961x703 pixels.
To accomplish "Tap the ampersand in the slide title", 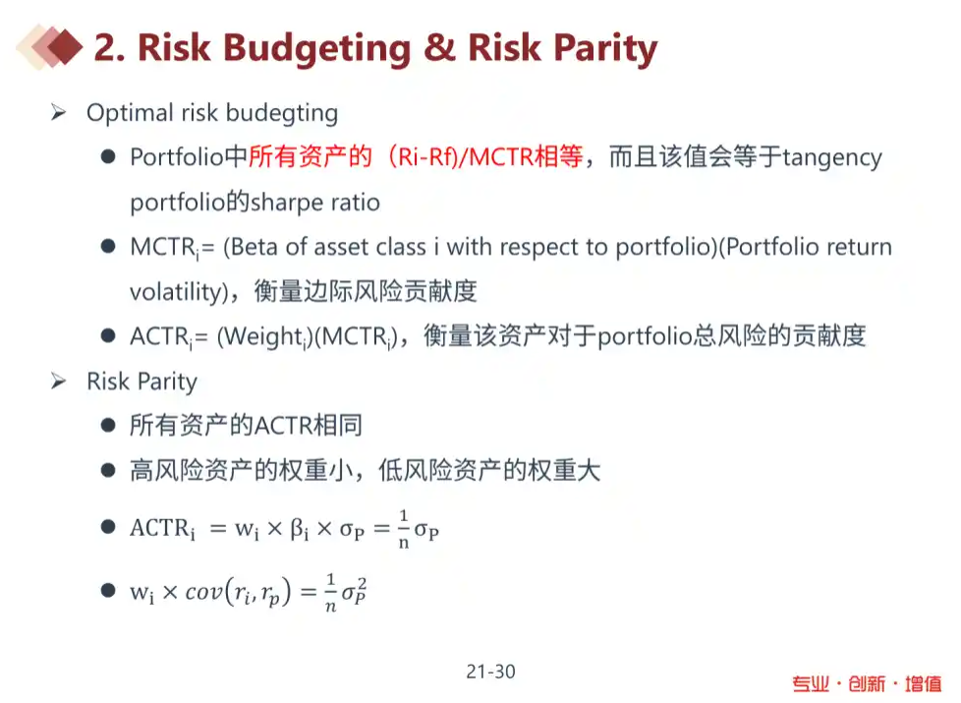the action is (439, 46).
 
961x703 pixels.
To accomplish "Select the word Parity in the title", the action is (605, 49).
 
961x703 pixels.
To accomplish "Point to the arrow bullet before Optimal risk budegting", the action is (59, 112).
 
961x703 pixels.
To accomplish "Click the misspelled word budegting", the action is (282, 114).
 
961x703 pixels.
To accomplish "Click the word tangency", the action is (832, 158).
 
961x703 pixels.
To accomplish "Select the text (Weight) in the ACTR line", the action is (264, 337).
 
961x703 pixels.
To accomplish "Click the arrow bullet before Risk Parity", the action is (59, 381).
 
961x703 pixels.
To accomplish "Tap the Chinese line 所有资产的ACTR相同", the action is (246, 425).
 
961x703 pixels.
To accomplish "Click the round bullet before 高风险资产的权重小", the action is (108, 471).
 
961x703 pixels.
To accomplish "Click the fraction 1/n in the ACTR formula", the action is (403, 528).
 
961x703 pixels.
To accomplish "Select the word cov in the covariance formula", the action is (204, 591).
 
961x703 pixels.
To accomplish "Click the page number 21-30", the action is (490, 672).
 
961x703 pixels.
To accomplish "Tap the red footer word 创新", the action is (867, 683).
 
